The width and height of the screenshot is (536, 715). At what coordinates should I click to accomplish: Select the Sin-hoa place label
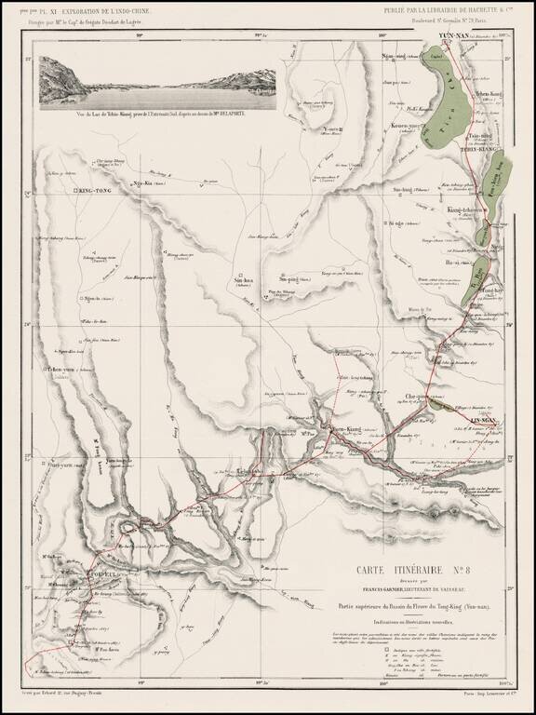(243, 278)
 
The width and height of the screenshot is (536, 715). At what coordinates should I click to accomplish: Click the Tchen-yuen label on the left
(55, 371)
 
